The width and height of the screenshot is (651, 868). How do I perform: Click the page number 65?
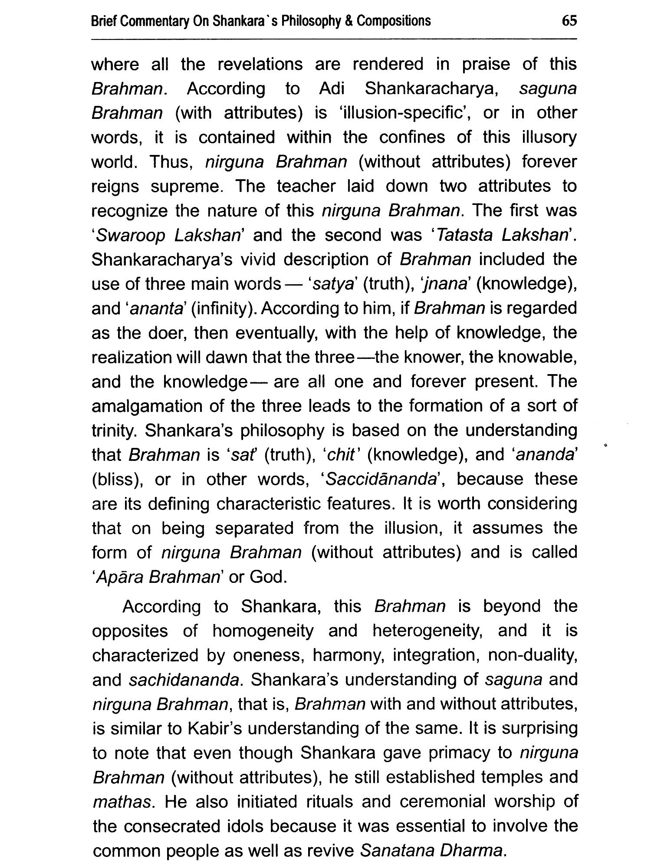click(569, 21)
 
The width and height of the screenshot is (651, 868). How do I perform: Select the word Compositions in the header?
click(394, 21)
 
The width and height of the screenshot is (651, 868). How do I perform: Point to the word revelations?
click(260, 64)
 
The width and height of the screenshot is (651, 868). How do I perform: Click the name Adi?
click(332, 89)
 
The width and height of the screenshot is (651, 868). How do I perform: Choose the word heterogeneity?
click(428, 631)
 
